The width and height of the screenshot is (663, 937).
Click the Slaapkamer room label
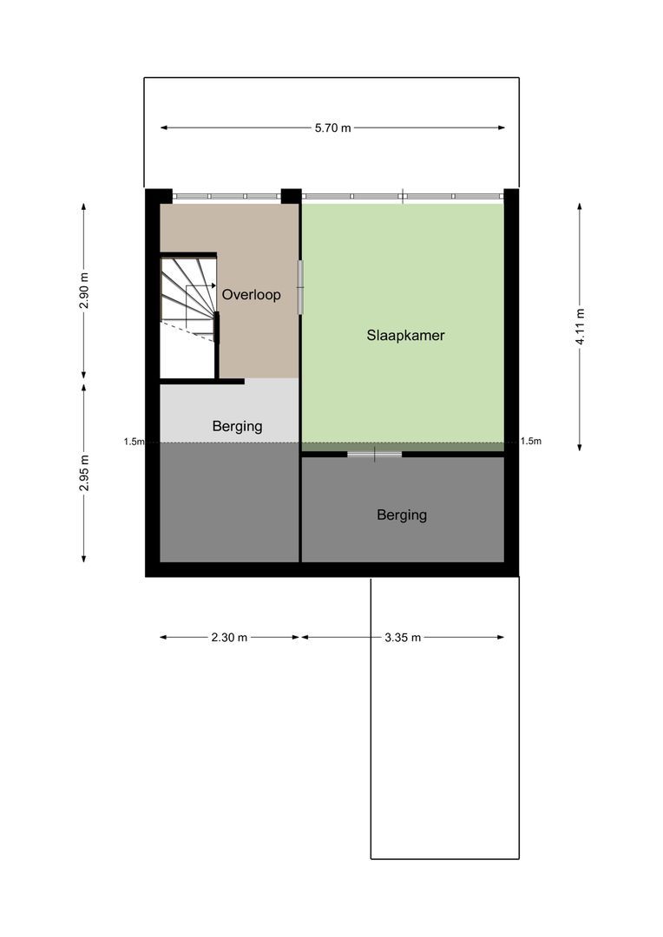(x=405, y=335)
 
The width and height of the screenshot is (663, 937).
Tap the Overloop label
(x=251, y=295)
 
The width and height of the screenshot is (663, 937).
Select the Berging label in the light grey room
(x=237, y=427)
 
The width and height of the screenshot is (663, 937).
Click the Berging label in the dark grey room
(x=402, y=515)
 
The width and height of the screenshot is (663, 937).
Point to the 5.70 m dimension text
(x=333, y=128)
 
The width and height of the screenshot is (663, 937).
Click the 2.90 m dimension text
(x=84, y=291)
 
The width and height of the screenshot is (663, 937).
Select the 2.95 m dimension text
(x=84, y=473)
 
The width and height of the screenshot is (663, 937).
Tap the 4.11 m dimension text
(x=580, y=326)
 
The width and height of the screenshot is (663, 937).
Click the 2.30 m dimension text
(x=229, y=638)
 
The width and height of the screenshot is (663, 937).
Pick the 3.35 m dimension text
(x=403, y=638)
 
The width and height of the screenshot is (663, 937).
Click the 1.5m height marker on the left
(x=134, y=442)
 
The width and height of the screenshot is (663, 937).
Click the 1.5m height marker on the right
(x=531, y=441)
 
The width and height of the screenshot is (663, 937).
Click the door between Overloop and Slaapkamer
(x=300, y=287)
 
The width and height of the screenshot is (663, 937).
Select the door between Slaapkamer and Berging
(x=375, y=454)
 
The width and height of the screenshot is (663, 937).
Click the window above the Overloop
(x=226, y=196)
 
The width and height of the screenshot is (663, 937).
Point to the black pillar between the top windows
(x=291, y=196)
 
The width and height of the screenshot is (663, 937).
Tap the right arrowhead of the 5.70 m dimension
(x=502, y=128)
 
